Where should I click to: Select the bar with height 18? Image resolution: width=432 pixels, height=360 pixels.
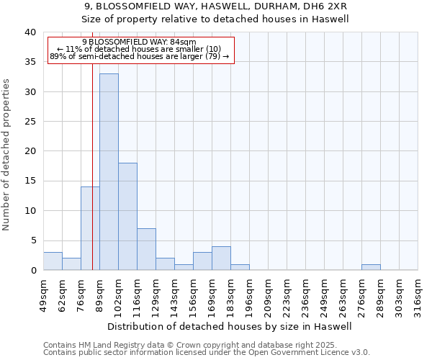coord(127,216)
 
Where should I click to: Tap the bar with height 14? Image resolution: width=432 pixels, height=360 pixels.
coord(90,228)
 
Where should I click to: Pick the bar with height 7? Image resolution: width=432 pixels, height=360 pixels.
coord(146,249)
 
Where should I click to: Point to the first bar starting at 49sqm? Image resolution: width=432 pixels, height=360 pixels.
coord(53,261)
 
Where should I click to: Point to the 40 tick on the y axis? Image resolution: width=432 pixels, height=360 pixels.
coord(30,32)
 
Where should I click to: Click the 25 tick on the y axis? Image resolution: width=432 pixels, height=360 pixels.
coord(30,122)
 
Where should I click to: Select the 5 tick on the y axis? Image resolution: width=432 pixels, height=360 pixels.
coord(32,240)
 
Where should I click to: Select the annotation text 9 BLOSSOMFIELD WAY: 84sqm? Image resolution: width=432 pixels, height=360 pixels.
coord(144,42)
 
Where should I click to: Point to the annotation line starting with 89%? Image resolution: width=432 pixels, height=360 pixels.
coord(140,56)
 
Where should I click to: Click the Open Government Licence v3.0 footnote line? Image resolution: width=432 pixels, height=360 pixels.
coord(207,352)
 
